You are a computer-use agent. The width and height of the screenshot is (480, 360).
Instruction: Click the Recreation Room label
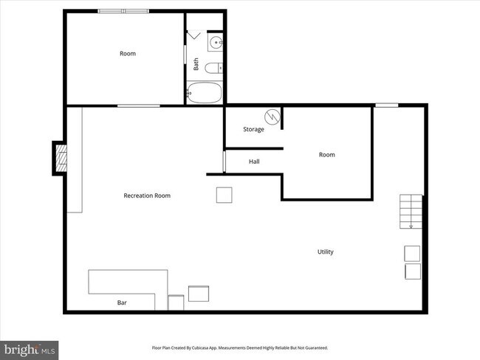click(x=147, y=195)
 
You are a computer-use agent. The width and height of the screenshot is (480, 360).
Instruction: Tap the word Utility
click(x=325, y=252)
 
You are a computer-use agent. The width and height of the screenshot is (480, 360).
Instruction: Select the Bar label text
click(x=122, y=302)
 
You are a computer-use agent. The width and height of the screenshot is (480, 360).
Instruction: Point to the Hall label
click(x=253, y=162)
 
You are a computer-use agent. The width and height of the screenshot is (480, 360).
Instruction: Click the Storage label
click(x=253, y=129)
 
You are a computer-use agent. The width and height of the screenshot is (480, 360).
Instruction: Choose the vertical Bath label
click(x=196, y=64)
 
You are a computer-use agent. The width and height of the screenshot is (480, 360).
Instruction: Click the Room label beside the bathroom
click(x=128, y=53)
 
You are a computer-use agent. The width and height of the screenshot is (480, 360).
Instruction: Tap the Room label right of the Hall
click(x=326, y=154)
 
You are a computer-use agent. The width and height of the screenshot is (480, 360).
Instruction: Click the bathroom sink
click(x=216, y=43)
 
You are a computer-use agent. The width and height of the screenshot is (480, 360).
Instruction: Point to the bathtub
click(x=204, y=93)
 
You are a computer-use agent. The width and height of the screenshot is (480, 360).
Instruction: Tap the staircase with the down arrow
click(x=411, y=212)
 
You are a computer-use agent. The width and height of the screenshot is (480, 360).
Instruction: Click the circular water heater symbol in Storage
click(x=272, y=117)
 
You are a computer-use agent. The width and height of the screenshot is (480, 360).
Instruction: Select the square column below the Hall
click(x=224, y=195)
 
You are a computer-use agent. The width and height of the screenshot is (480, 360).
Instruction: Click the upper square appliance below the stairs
click(x=411, y=253)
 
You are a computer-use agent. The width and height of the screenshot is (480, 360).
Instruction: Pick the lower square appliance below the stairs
click(x=411, y=271)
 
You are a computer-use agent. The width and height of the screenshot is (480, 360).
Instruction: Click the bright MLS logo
click(x=30, y=348)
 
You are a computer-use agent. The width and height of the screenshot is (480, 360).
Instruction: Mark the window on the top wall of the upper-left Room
click(x=123, y=11)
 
